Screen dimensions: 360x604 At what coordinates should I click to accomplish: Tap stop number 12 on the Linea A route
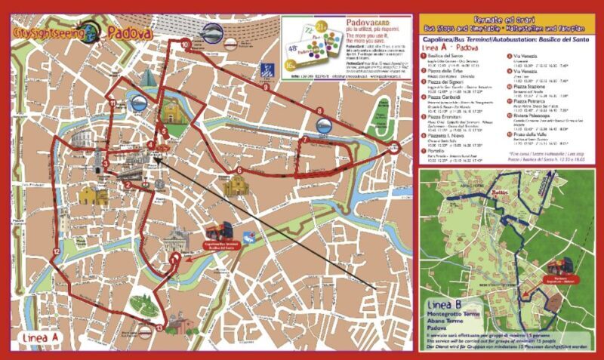click(56, 250)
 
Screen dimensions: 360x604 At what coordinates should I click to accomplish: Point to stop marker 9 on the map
click(265, 88)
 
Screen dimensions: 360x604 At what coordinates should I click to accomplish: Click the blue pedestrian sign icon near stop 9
click(266, 70)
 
